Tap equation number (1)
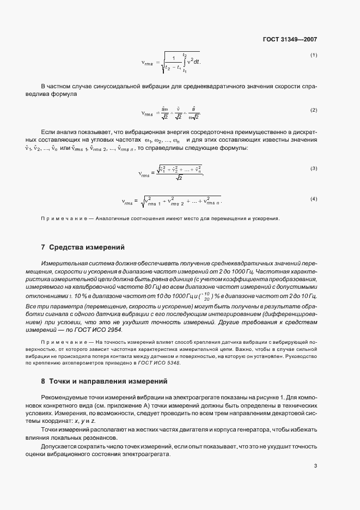click(314, 56)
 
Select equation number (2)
click(314, 110)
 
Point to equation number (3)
click(314, 169)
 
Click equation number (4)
click(314, 199)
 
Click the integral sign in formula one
click(184, 62)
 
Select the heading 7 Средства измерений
click(83, 247)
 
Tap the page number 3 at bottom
click(315, 465)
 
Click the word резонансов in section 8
click(113, 437)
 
